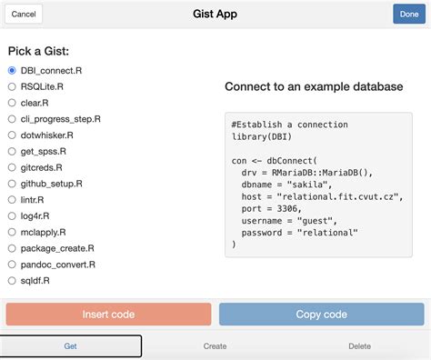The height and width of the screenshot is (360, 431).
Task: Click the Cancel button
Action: pyautogui.click(x=25, y=15)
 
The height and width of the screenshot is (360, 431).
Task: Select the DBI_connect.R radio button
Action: pyautogui.click(x=12, y=70)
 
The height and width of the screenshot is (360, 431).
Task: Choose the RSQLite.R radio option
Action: pyautogui.click(x=12, y=86)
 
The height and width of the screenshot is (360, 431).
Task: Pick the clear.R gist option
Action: pyautogui.click(x=12, y=103)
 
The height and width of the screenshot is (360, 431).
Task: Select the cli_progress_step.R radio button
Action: pyautogui.click(x=12, y=119)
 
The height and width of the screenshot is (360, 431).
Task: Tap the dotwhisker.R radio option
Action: pyautogui.click(x=12, y=135)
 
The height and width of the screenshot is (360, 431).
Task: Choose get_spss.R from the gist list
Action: pyautogui.click(x=12, y=152)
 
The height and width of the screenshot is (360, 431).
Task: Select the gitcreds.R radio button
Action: pyautogui.click(x=12, y=168)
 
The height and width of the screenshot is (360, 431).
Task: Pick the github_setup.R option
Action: pyautogui.click(x=12, y=184)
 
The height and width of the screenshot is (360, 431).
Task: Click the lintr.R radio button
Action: pyautogui.click(x=12, y=200)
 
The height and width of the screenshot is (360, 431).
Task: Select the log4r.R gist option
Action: pyautogui.click(x=12, y=216)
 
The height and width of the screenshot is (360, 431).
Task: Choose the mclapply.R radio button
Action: pyautogui.click(x=12, y=233)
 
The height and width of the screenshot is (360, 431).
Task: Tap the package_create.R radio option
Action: pyautogui.click(x=12, y=249)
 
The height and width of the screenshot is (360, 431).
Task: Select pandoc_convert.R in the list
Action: pyautogui.click(x=12, y=265)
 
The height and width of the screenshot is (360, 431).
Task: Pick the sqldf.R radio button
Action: pyautogui.click(x=12, y=281)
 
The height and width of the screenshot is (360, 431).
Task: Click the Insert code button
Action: pyautogui.click(x=108, y=315)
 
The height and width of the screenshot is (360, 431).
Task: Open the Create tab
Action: pyautogui.click(x=215, y=346)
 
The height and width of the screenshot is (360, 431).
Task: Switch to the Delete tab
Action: pyautogui.click(x=359, y=346)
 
